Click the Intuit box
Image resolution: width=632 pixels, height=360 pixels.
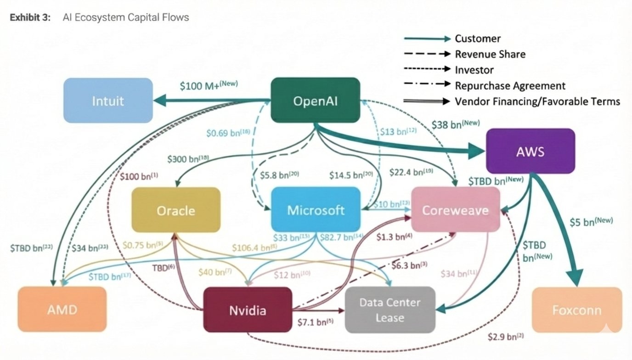point(108,101)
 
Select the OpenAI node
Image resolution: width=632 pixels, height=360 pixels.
point(315,101)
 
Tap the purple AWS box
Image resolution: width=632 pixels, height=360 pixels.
point(530,151)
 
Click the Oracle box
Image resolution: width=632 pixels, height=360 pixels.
point(176,210)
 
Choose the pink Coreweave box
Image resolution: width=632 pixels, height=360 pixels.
point(455,210)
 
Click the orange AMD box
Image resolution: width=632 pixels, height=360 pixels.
point(62,309)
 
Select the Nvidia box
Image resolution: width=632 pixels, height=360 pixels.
point(248,310)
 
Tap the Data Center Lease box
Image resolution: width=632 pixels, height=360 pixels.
point(390,310)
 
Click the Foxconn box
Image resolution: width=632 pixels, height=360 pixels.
point(576,310)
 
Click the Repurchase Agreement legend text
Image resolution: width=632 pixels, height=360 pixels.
point(510,85)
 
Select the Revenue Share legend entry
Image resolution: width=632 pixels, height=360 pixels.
point(490,54)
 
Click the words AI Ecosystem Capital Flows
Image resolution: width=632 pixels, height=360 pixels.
point(125,17)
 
